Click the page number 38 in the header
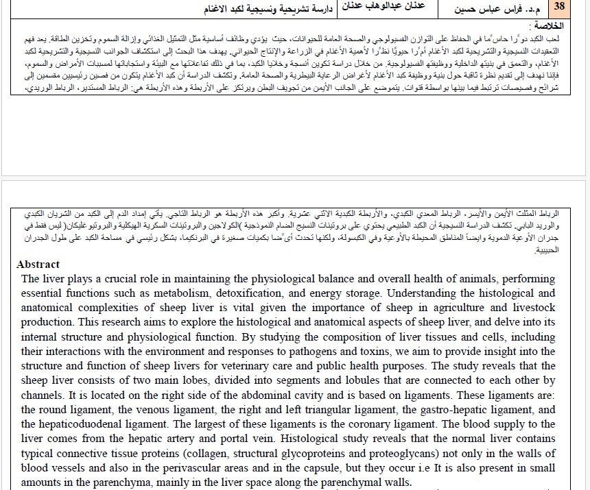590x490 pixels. tap(560, 9)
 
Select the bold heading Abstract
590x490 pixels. tap(38, 265)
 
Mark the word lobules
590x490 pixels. tap(357, 380)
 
